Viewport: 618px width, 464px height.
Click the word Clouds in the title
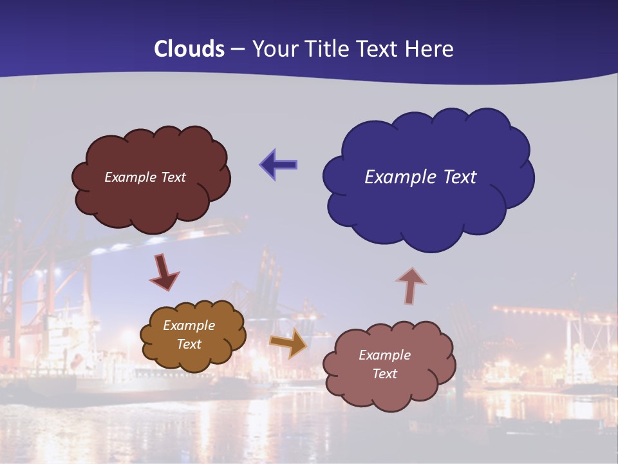(x=189, y=49)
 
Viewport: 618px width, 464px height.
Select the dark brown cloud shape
(x=152, y=200)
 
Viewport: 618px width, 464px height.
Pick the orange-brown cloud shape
(x=193, y=358)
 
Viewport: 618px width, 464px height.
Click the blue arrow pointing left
(x=278, y=165)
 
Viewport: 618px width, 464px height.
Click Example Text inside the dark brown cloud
(x=145, y=177)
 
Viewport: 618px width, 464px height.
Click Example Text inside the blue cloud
(x=420, y=177)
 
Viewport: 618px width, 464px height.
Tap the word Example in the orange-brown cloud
(x=189, y=325)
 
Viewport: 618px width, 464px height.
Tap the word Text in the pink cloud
(x=384, y=374)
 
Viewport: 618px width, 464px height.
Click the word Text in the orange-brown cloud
(x=189, y=344)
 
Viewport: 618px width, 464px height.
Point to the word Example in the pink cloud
(x=384, y=355)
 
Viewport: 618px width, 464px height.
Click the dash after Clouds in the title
(x=238, y=50)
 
